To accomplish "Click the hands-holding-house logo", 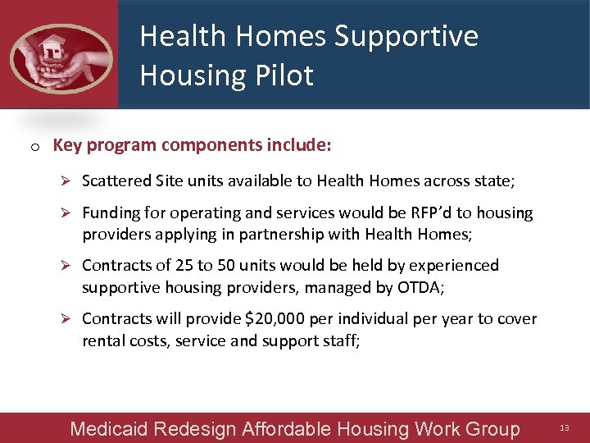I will (61, 56).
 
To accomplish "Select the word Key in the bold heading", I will (66, 145).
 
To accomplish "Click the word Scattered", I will (116, 180).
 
